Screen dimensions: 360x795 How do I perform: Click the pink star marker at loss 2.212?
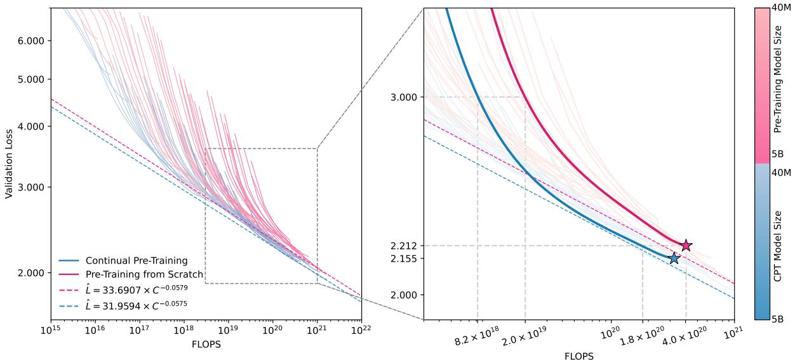(686, 246)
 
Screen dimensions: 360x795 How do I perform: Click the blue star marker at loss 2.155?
(674, 258)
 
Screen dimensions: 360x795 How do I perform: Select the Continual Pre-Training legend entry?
(137, 260)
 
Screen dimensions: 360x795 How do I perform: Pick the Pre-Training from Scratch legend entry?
(144, 274)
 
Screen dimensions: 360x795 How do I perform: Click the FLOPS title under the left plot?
(206, 345)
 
